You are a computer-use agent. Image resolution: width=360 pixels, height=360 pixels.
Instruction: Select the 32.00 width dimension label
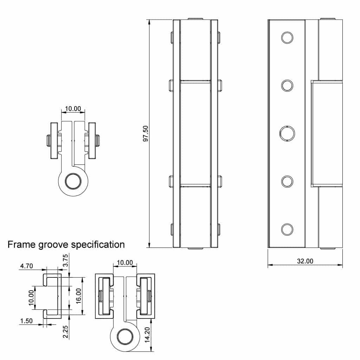[305, 261]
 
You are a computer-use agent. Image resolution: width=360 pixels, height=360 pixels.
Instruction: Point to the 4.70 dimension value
[26, 266]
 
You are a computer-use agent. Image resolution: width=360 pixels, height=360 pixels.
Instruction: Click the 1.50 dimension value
[26, 321]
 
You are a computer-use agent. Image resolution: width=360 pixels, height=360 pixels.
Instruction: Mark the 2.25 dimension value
[65, 332]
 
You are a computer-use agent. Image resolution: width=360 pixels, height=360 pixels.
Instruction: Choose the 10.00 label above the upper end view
[73, 109]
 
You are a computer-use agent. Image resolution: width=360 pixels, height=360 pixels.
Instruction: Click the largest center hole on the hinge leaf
[287, 133]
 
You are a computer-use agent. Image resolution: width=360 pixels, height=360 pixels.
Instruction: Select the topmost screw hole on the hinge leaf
[287, 37]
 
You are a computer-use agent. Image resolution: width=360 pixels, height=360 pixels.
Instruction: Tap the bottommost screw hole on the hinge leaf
[287, 229]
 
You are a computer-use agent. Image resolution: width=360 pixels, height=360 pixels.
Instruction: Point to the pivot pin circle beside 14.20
[124, 337]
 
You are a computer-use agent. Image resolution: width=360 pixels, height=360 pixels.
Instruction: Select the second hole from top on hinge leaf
[287, 85]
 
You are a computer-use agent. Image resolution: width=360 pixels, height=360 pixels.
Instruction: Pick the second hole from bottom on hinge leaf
[287, 181]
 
